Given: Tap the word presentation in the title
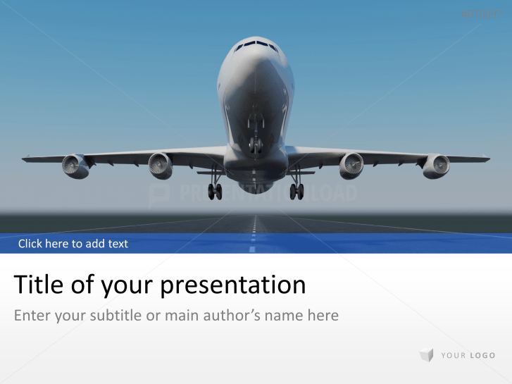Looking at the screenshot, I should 233,285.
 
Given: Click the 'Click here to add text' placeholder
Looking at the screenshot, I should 73,244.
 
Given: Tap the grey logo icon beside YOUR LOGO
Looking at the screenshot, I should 426,355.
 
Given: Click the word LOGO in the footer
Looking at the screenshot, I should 482,355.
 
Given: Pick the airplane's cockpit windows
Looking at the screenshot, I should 256,46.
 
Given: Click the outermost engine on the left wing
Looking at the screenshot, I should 75,166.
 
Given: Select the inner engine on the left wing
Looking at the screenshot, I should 161,166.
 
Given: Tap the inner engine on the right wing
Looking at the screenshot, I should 351,166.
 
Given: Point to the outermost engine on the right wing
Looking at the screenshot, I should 436,166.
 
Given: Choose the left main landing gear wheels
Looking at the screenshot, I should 215,190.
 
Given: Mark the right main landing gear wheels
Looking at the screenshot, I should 296,190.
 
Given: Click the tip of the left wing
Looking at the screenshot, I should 24,159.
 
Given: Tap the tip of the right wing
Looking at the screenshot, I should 487,159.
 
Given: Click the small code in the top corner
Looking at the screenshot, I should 478,15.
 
